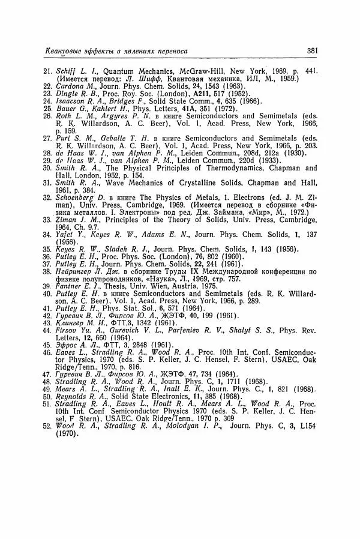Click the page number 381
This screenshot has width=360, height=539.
(311, 52)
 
